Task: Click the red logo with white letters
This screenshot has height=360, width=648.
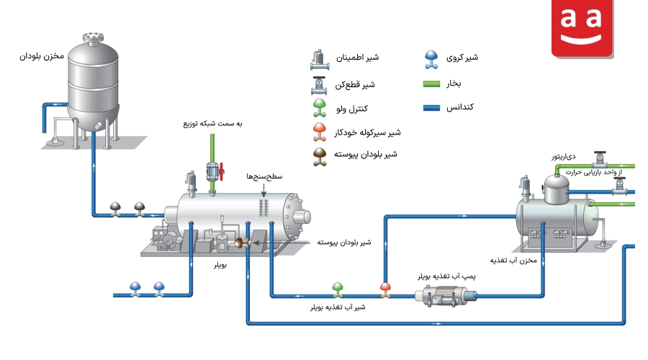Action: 582,28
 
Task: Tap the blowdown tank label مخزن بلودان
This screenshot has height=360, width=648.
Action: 42,55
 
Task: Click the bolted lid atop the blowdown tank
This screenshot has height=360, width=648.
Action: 93,37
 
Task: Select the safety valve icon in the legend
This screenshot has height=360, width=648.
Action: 320,60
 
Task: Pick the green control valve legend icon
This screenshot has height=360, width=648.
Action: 320,108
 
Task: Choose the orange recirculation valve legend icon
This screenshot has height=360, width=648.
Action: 320,132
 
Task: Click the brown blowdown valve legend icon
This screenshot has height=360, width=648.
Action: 320,157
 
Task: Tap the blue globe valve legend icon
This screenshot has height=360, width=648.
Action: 431,59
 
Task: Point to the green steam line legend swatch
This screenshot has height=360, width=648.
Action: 431,84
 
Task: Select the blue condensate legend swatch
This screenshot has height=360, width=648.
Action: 431,108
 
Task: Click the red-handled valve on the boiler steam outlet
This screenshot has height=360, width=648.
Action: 215,171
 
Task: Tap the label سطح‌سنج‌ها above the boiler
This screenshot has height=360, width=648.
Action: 264,176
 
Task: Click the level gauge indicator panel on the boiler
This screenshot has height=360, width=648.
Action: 264,208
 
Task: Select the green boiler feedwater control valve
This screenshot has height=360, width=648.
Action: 338,289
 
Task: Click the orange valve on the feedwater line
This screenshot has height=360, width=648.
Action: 385,289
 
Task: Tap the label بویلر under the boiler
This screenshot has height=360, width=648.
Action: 220,264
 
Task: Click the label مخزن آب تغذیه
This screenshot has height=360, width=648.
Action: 513,261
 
